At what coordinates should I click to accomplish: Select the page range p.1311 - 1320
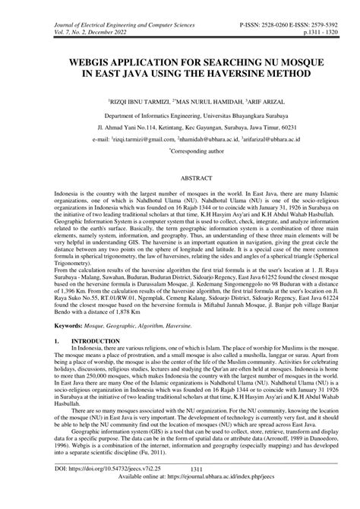319,16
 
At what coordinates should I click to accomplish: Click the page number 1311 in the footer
180,491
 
